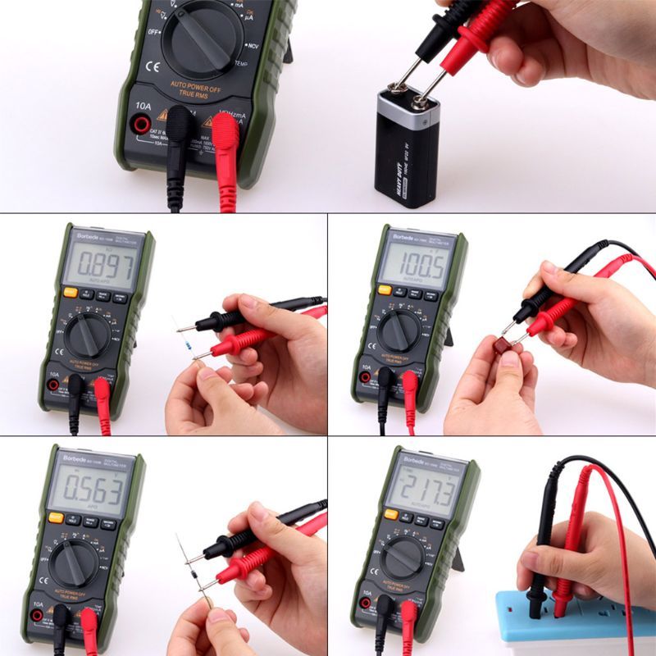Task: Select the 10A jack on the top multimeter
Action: [x=141, y=125]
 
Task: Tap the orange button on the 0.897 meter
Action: [x=71, y=292]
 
